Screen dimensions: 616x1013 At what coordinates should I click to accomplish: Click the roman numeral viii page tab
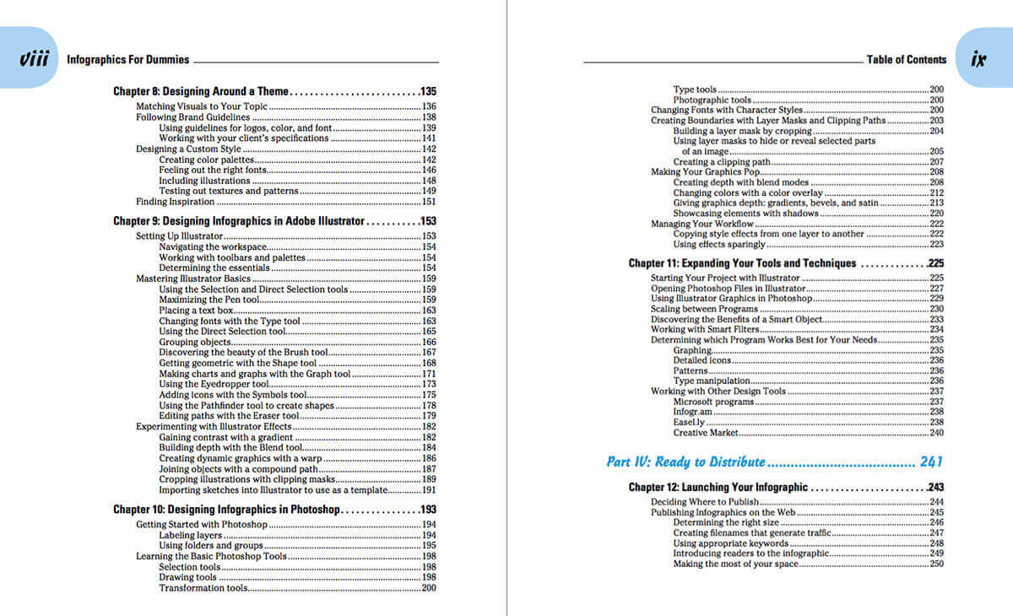tap(32, 59)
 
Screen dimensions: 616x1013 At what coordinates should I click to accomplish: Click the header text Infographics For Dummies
tap(127, 60)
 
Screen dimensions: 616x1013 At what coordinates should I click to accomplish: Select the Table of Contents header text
tap(906, 60)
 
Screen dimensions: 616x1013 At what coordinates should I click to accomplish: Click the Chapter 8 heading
tap(201, 91)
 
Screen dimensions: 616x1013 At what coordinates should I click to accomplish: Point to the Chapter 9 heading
tap(239, 221)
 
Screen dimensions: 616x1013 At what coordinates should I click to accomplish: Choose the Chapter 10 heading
tap(226, 510)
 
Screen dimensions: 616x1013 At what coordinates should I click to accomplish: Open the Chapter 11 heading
tap(742, 263)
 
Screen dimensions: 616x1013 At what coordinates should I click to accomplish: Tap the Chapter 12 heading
tap(718, 488)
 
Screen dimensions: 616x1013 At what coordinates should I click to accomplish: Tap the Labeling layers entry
tap(190, 535)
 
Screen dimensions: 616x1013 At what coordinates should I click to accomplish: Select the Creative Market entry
tap(706, 433)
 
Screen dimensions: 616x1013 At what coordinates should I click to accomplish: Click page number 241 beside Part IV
tap(929, 462)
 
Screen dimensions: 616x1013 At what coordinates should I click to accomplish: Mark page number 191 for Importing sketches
tap(428, 490)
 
